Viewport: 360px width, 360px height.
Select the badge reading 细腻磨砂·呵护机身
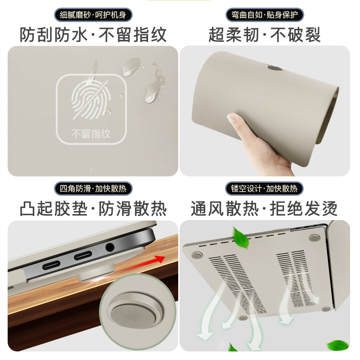coord(93,15)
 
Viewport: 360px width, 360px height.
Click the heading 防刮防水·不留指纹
coord(93,35)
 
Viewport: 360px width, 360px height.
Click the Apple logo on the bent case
coord(274,68)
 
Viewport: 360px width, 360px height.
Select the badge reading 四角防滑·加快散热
coord(93,188)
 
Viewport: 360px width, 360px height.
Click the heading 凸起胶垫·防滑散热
coord(93,209)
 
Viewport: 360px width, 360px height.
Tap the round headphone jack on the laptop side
coord(110,247)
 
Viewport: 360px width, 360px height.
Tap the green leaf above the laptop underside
coord(241,238)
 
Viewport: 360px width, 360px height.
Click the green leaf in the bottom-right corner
coord(338,346)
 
